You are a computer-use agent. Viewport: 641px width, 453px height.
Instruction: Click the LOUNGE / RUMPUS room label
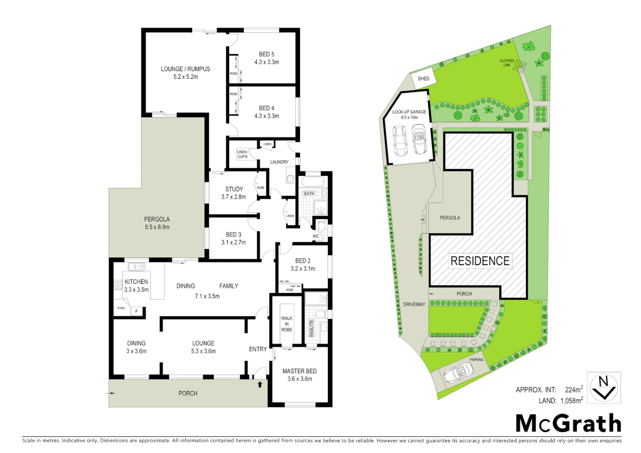(185, 69)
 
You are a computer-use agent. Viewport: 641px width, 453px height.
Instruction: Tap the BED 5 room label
(266, 55)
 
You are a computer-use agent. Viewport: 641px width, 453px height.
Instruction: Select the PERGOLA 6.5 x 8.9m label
(157, 223)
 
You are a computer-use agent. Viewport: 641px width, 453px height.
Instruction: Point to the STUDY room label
(234, 189)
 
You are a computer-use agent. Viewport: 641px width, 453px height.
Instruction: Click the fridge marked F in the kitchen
(136, 311)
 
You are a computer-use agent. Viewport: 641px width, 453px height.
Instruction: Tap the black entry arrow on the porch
(260, 384)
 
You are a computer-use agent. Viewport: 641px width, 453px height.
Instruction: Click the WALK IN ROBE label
(287, 324)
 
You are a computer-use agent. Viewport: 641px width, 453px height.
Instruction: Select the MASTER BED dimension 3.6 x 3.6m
(300, 379)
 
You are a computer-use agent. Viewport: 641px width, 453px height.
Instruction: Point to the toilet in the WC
(322, 226)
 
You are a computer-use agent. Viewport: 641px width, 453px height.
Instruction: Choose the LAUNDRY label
(279, 162)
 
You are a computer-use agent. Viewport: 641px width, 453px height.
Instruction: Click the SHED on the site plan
(423, 78)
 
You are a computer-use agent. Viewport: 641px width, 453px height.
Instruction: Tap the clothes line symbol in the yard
(520, 65)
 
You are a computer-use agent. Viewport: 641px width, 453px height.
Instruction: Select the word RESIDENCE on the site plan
(480, 261)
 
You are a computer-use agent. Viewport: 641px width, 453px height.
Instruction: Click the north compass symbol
(603, 388)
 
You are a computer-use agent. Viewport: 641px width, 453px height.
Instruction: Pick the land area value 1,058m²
(571, 401)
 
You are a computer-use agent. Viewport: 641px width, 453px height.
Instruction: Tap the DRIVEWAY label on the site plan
(414, 305)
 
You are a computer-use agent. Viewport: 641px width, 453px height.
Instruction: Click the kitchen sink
(136, 267)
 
